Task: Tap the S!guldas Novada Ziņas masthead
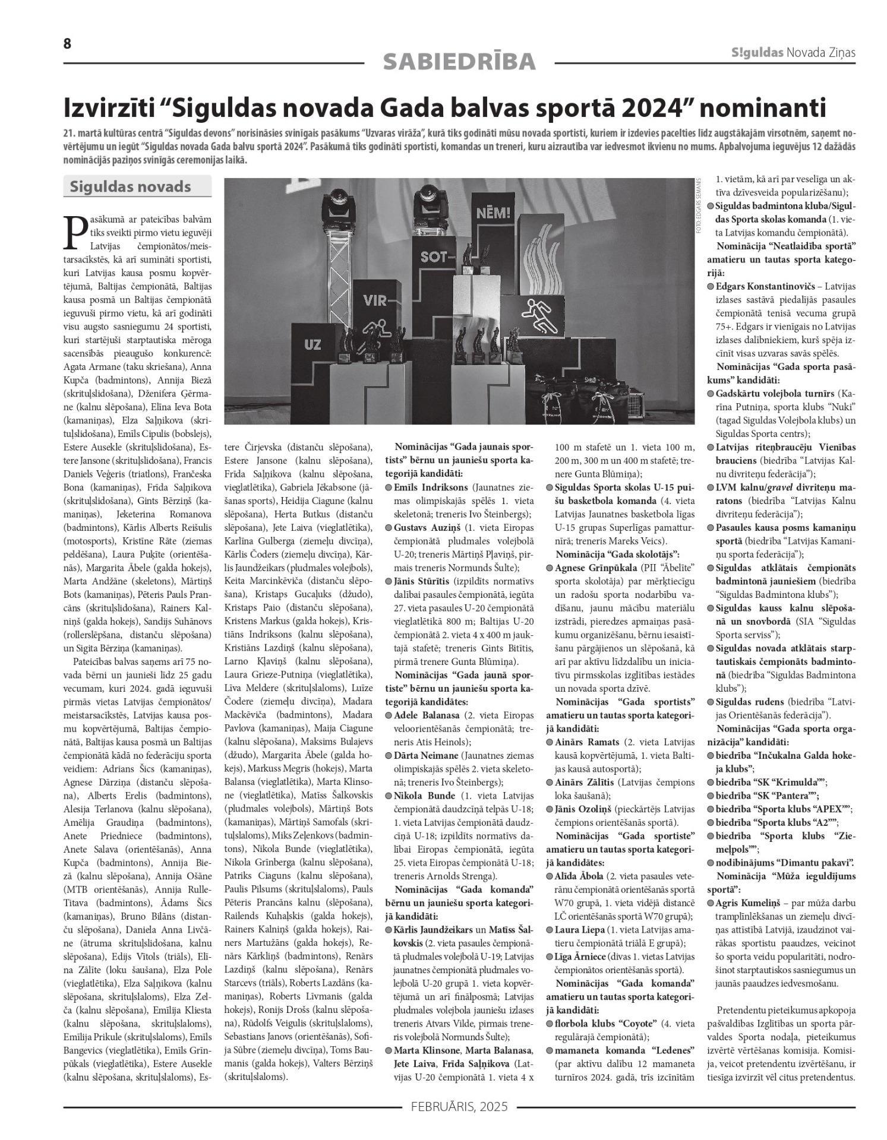793,53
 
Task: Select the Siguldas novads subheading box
137,186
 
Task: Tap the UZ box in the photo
312,344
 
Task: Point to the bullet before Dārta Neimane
388,756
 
